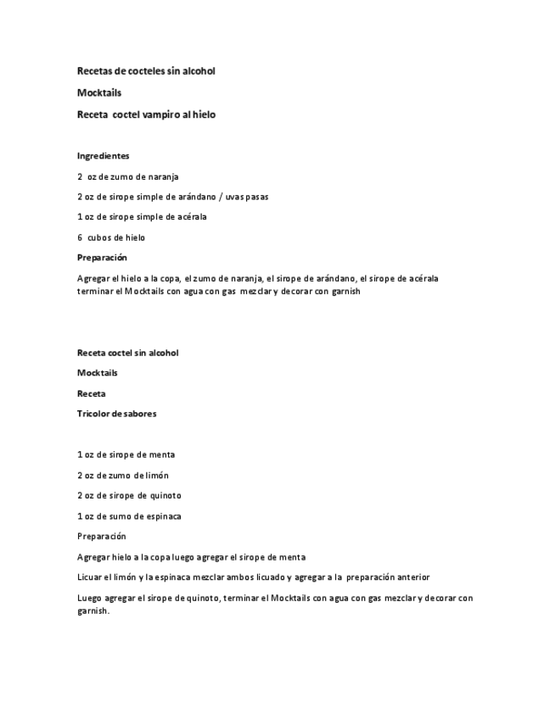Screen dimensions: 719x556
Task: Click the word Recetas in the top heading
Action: click(x=94, y=71)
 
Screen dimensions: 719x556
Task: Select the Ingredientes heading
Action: click(x=103, y=156)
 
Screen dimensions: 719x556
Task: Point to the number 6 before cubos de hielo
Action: click(x=80, y=237)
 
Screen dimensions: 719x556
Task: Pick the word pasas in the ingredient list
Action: click(x=256, y=197)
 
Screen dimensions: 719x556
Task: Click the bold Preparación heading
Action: click(x=102, y=258)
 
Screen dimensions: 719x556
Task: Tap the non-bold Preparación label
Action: click(x=101, y=537)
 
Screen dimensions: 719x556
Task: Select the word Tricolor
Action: click(x=94, y=414)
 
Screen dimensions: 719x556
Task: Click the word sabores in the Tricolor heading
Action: click(x=139, y=414)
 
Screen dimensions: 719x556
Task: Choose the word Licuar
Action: click(x=90, y=577)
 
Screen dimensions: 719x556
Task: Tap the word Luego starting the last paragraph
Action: click(x=89, y=598)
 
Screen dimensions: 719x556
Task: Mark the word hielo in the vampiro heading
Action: click(x=203, y=115)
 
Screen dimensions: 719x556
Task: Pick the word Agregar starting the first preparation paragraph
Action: click(x=93, y=278)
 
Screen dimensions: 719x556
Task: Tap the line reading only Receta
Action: click(x=92, y=393)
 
